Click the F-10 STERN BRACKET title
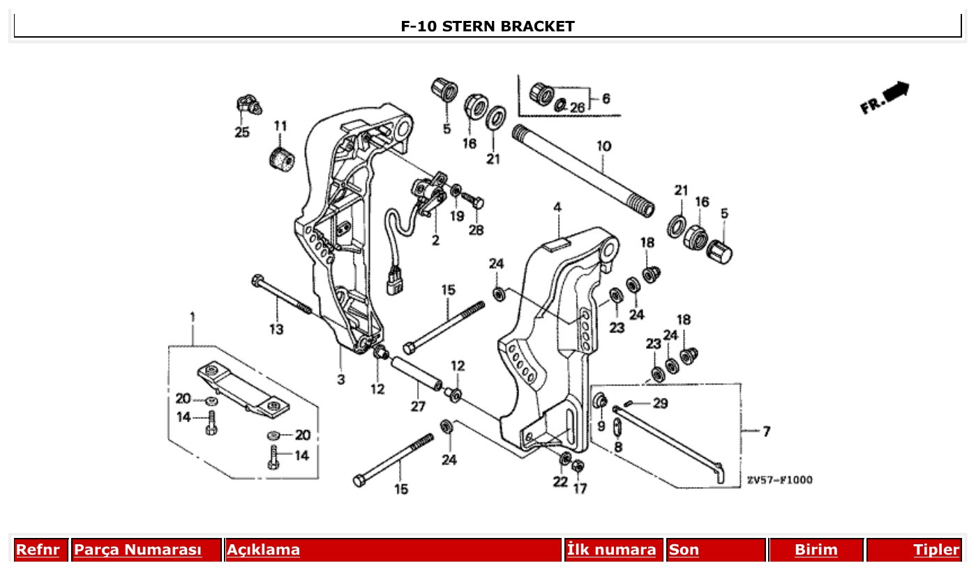(488, 26)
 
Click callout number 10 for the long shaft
(603, 146)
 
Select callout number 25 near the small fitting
(241, 132)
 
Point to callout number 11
(280, 126)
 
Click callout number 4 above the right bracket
(557, 208)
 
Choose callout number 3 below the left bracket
(341, 380)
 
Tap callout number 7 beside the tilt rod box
(766, 432)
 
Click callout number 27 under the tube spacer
(417, 407)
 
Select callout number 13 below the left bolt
(276, 329)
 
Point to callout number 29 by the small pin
(659, 403)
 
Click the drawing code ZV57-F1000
(779, 480)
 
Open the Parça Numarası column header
(137, 550)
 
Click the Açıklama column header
(263, 550)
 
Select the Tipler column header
(936, 550)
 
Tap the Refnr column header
(38, 550)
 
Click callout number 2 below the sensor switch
(435, 241)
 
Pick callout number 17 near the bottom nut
(580, 488)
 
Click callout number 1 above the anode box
(193, 317)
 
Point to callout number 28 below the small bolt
(476, 230)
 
